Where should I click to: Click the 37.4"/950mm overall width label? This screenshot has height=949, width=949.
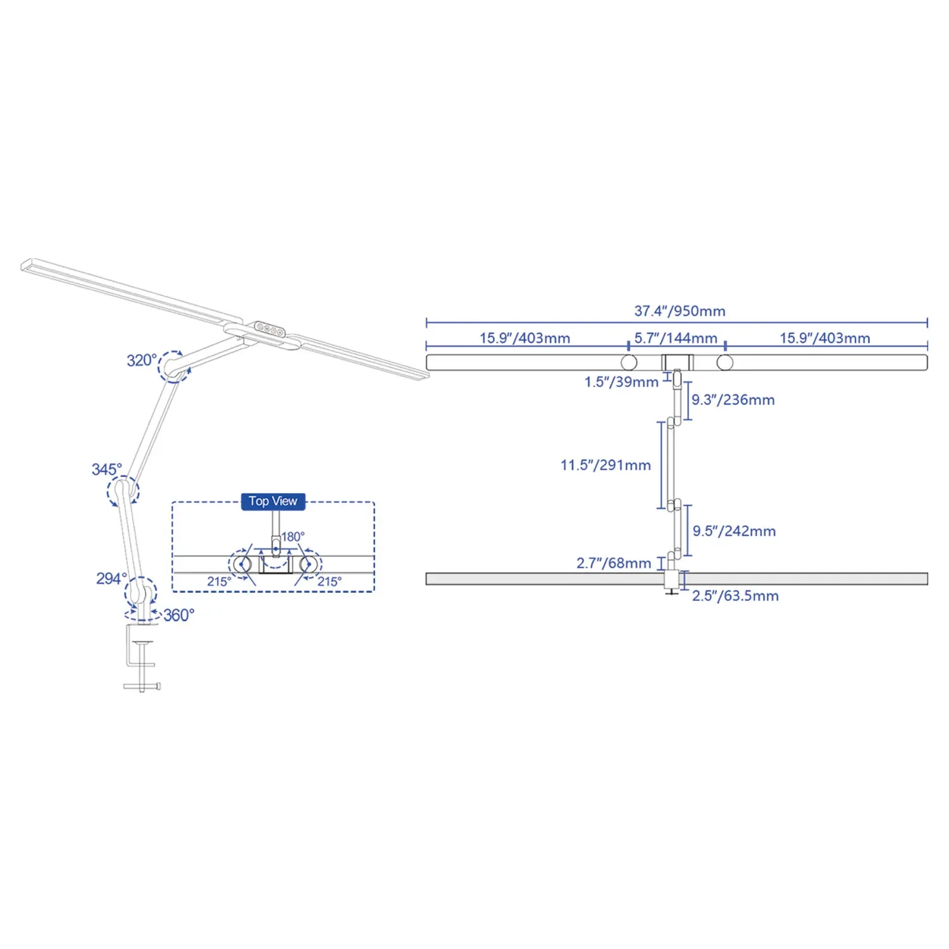[679, 311]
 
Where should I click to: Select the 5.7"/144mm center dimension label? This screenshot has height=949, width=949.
[676, 338]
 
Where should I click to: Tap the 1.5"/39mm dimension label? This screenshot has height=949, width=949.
[621, 382]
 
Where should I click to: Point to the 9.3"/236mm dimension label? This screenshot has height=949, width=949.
[733, 400]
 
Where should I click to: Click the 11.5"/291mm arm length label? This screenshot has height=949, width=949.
[605, 466]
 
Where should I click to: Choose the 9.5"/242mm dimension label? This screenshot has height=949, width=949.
[734, 531]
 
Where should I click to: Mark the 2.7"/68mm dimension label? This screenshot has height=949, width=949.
[614, 563]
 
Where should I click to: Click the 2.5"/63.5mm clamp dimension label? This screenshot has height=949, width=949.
[735, 596]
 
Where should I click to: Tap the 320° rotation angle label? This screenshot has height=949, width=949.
[141, 361]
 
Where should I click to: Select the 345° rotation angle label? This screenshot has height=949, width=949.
[106, 469]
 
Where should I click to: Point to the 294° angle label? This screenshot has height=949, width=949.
[111, 579]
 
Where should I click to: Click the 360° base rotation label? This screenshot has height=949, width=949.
[179, 615]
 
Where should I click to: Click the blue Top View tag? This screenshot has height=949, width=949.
[273, 501]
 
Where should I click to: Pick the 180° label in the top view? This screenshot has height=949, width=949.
[293, 537]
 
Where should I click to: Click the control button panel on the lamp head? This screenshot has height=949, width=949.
[270, 329]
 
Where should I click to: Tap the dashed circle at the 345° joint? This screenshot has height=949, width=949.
[123, 491]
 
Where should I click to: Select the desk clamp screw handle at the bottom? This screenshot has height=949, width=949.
[142, 686]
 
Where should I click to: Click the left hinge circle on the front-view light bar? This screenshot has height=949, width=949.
[629, 363]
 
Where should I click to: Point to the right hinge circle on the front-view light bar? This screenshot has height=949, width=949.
[725, 363]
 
